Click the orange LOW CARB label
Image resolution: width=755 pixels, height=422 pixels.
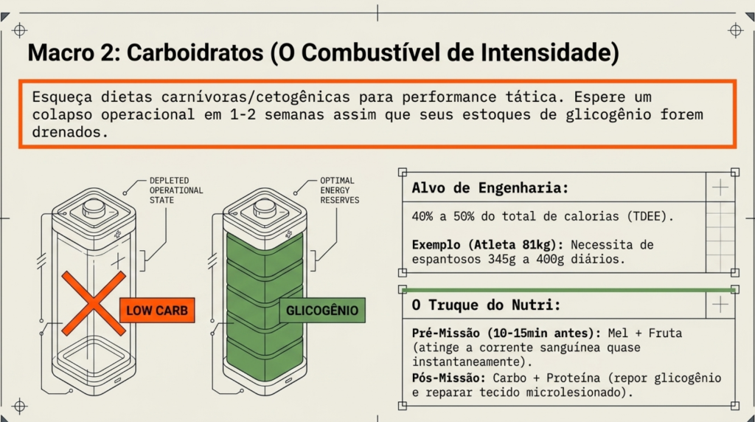coord(157,311)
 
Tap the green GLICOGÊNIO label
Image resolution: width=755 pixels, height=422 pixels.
coord(322,311)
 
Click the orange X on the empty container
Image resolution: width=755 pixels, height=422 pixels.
coord(94,303)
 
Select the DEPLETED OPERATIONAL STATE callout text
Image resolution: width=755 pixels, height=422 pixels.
coord(176,190)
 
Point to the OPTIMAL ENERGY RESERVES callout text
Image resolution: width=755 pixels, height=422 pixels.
coord(339,190)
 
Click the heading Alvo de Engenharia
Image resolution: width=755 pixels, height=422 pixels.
coord(490,187)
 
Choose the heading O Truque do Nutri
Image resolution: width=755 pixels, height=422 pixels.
coord(487,305)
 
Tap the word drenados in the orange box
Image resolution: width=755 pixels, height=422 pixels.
coord(70,132)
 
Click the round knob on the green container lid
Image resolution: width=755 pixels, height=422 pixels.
coord(265,207)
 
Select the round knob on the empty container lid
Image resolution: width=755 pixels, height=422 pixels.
coord(94,207)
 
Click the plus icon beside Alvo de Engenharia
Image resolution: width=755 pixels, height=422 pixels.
coord(720,187)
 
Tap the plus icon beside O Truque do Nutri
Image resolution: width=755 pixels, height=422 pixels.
coord(720,305)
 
